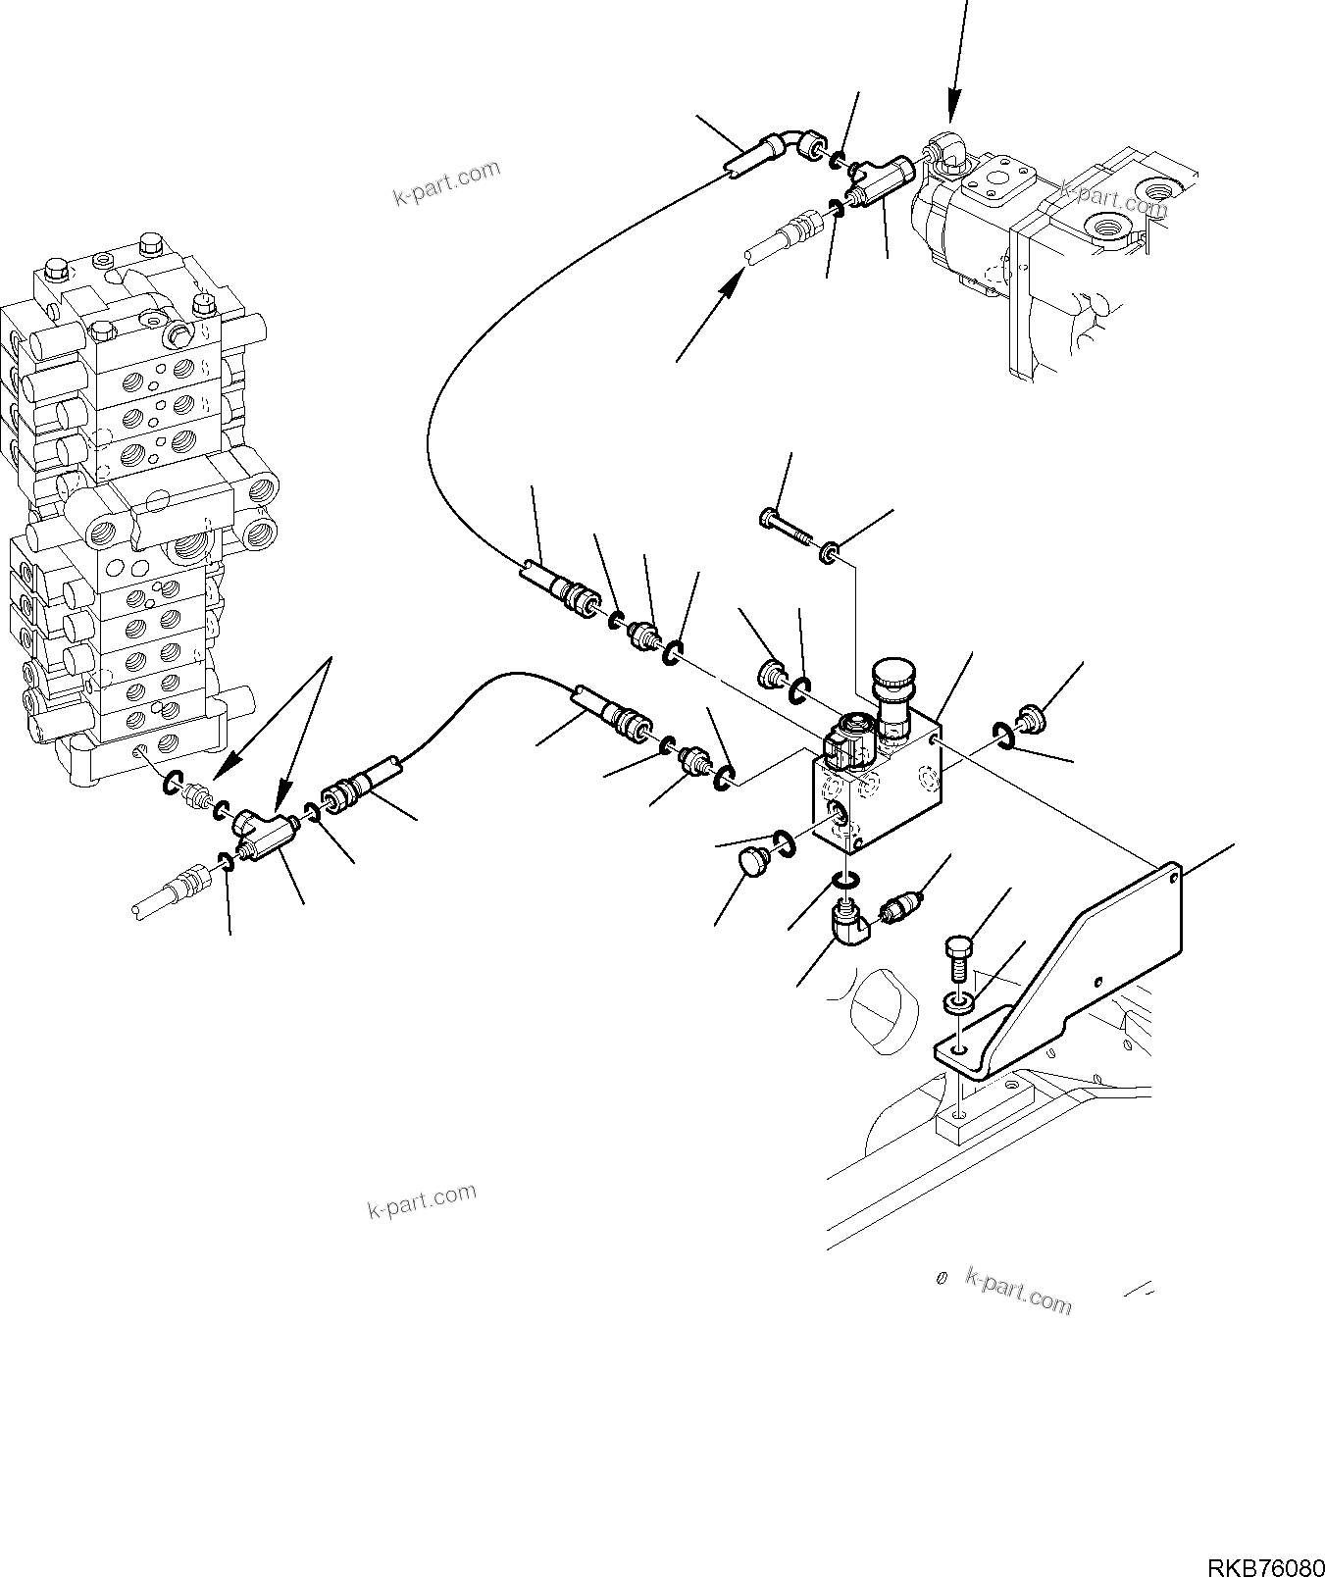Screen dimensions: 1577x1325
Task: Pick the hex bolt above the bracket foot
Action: pyautogui.click(x=957, y=956)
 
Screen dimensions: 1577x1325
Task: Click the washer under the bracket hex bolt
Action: pyautogui.click(x=959, y=1003)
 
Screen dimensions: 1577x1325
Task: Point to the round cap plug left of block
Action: pyautogui.click(x=750, y=866)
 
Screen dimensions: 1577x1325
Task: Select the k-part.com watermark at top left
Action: pyautogui.click(x=446, y=183)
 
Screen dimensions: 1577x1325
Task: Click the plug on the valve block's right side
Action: pyautogui.click(x=1029, y=719)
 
